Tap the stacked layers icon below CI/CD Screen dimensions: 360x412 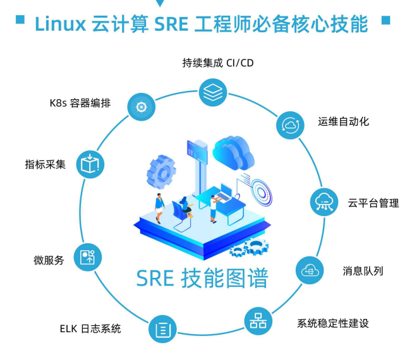tap(212, 92)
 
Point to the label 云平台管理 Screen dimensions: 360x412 tap(373, 203)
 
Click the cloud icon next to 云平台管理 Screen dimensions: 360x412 tap(324, 202)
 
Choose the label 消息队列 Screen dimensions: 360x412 tap(363, 271)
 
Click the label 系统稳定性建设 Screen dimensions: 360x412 tap(333, 323)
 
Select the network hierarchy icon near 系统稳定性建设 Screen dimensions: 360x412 tap(257, 321)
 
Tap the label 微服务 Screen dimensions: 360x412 tap(49, 260)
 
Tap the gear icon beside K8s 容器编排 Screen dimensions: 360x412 tap(141, 106)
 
